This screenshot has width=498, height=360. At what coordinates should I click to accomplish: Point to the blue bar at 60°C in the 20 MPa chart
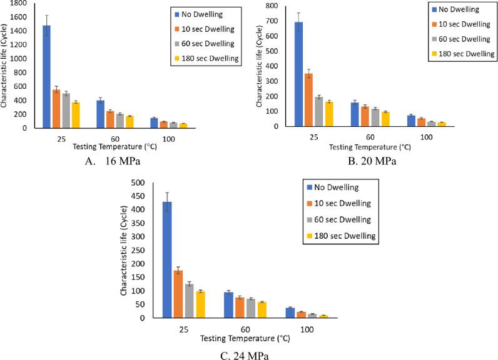click(x=354, y=114)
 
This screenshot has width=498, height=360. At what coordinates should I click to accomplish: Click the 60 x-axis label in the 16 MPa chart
click(x=114, y=138)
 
